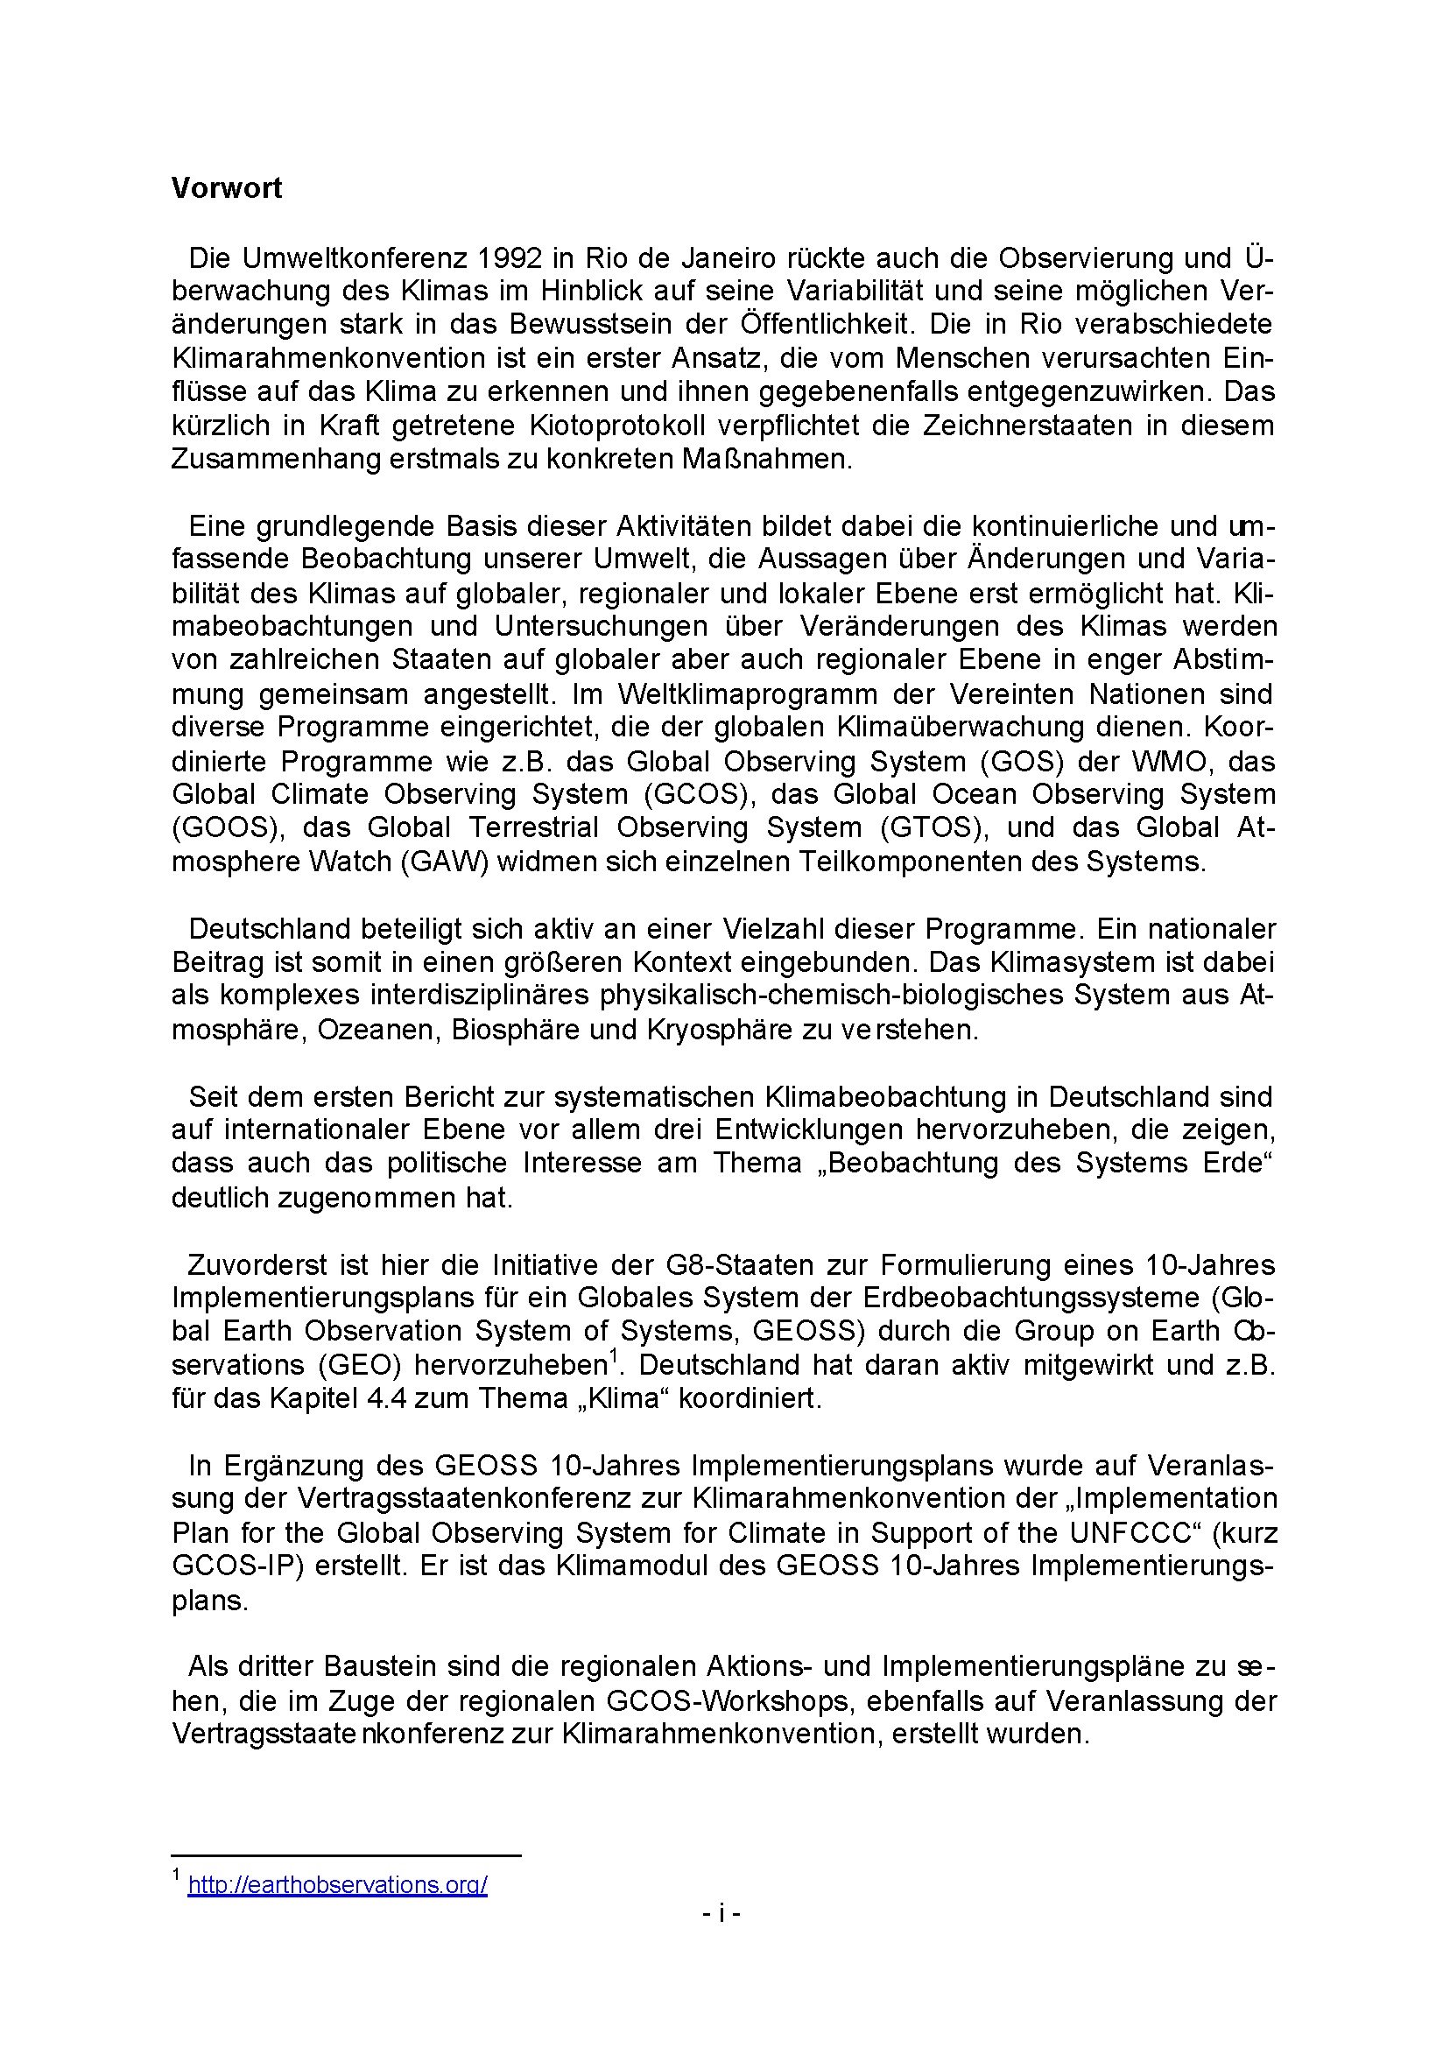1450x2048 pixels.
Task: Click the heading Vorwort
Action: click(x=226, y=188)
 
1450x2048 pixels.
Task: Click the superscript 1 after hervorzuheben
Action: click(x=614, y=1357)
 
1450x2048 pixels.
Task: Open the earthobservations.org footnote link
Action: click(x=337, y=1884)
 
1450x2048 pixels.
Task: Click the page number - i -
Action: click(x=721, y=1912)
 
